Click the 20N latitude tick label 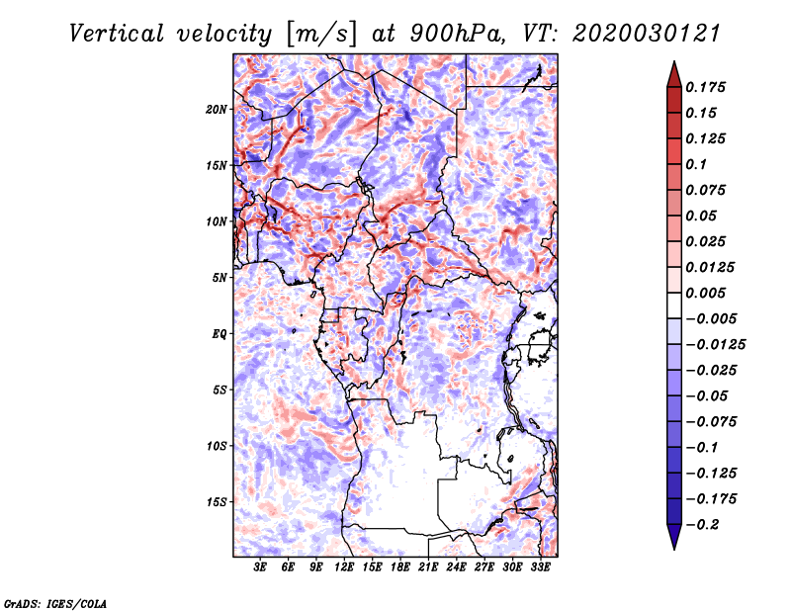(216, 110)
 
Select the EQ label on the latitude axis (220, 334)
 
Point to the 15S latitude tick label (216, 502)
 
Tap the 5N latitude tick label (220, 278)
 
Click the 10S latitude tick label (216, 446)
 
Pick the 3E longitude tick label (260, 567)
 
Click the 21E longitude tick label (428, 567)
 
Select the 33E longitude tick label (540, 567)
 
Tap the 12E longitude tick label (344, 567)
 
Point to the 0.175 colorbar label (705, 87)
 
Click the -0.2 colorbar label (702, 525)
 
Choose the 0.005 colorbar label (705, 293)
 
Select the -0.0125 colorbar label (715, 345)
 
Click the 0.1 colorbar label (696, 164)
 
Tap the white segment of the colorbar (674, 305)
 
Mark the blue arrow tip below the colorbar (674, 549)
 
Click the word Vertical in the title (117, 34)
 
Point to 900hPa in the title (457, 34)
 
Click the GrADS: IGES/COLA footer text (55, 603)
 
